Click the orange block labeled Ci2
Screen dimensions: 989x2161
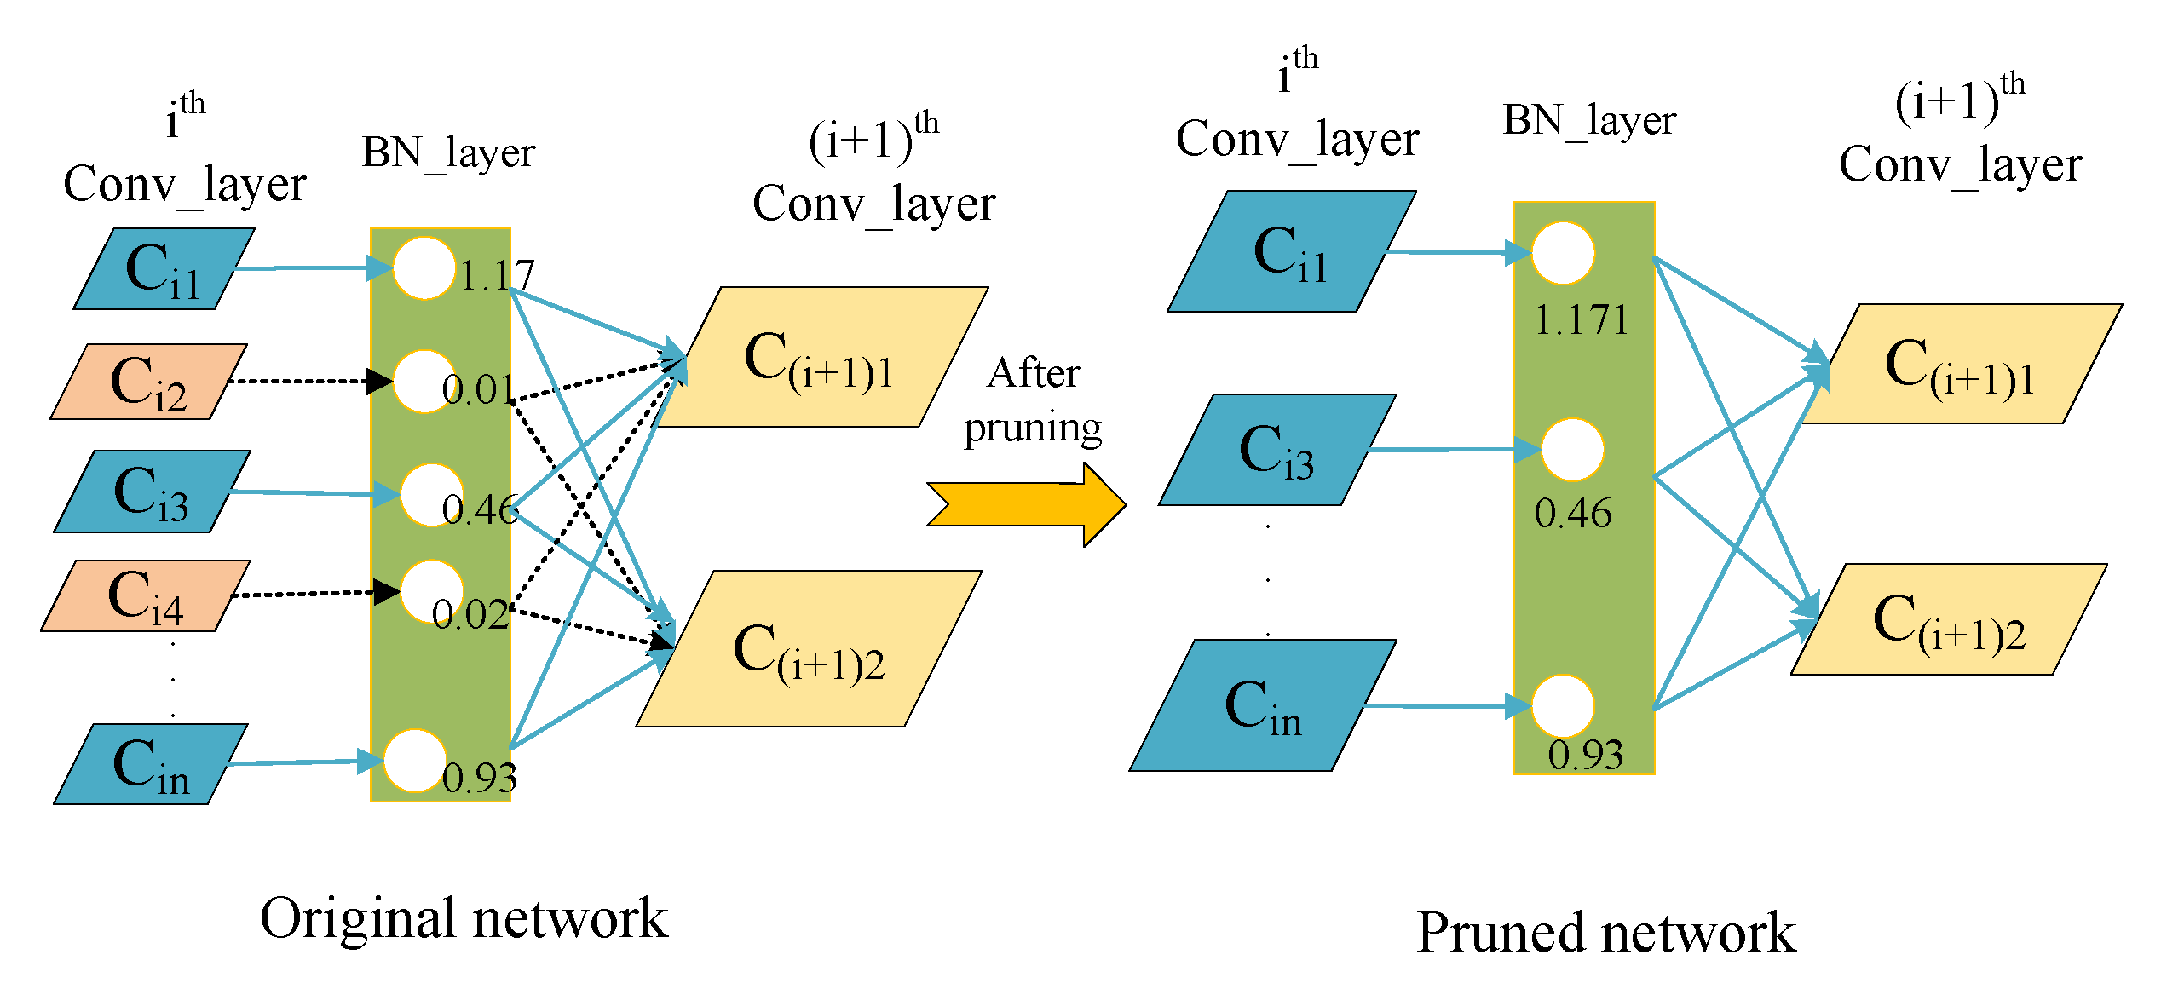click(x=148, y=382)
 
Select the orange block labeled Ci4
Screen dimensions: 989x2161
click(x=145, y=595)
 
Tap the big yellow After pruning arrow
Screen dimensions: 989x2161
click(x=1027, y=504)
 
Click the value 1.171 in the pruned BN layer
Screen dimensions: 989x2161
click(x=1581, y=320)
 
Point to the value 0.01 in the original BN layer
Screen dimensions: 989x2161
click(x=478, y=390)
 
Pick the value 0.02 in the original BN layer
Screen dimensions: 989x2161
click(x=470, y=614)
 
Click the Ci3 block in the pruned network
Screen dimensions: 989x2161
click(x=1276, y=450)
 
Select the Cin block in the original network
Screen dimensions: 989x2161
click(x=150, y=764)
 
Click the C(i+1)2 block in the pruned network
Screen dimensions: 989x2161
click(x=1949, y=620)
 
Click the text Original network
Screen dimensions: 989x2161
click(x=464, y=918)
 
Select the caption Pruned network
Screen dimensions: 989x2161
click(x=1605, y=932)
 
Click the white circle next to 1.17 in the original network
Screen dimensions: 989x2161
click(x=424, y=268)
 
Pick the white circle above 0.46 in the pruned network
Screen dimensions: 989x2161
click(x=1572, y=450)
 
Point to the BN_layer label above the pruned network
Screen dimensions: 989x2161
click(x=1589, y=120)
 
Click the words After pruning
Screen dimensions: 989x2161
click(x=1033, y=400)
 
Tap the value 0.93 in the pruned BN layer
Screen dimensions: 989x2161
click(x=1585, y=755)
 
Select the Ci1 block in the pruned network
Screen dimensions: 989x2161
click(x=1290, y=252)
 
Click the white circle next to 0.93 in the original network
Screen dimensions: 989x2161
click(x=415, y=761)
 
